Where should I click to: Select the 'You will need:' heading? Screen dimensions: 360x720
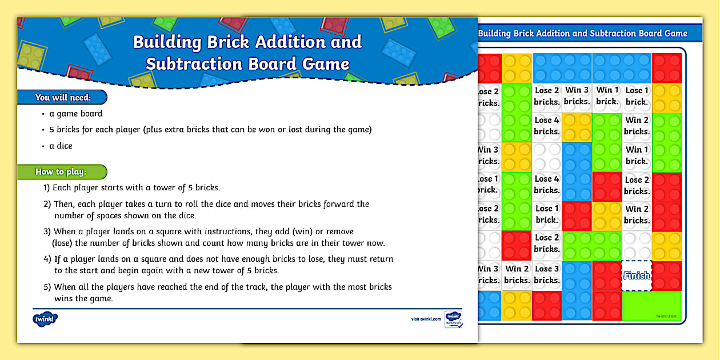(x=63, y=97)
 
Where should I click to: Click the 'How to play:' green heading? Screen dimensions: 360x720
(x=61, y=171)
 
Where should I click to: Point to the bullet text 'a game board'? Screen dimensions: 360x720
(x=76, y=114)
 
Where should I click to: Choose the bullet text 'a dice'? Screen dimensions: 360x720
(x=61, y=146)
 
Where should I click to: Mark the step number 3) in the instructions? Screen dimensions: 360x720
(x=47, y=231)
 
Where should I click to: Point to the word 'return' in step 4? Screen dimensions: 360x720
(x=380, y=259)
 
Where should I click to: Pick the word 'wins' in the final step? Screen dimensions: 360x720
(x=65, y=298)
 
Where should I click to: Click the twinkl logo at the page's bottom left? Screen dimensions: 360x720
(x=45, y=319)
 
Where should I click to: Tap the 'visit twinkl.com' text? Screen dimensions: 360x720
(x=426, y=319)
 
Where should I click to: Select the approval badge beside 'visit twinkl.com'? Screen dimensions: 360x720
(x=453, y=319)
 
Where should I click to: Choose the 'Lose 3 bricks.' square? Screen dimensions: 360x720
(x=547, y=275)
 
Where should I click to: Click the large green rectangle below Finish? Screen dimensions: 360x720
(x=651, y=306)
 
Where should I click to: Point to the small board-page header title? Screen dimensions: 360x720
(x=582, y=34)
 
